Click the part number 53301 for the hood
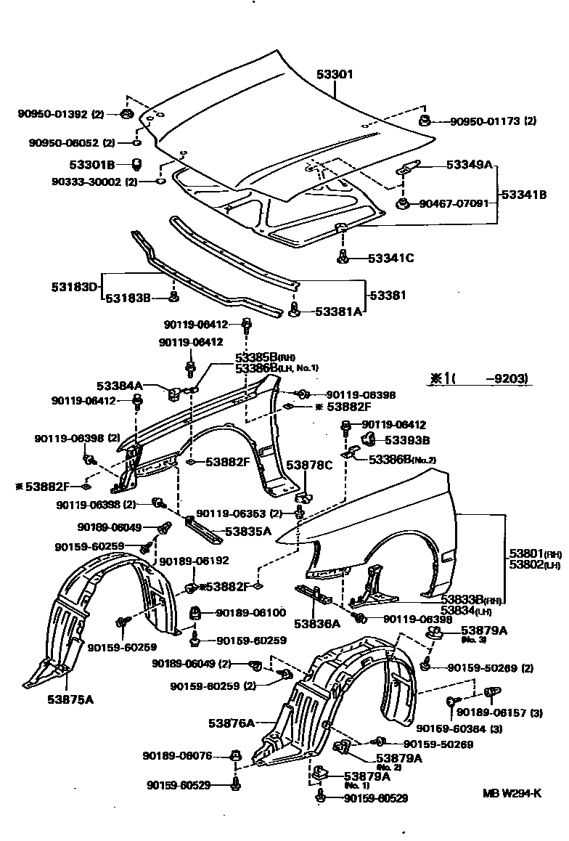click(335, 74)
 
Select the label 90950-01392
click(52, 114)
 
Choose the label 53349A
click(469, 166)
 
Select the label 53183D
click(74, 286)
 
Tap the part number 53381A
click(337, 311)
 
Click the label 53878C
click(308, 465)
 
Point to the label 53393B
click(406, 440)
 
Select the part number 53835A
click(247, 532)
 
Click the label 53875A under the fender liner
click(70, 700)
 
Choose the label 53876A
click(232, 723)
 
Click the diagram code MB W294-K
click(512, 792)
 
